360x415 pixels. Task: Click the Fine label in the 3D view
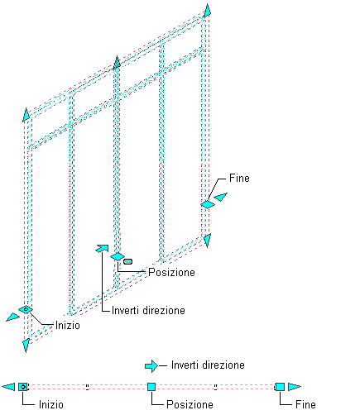click(239, 178)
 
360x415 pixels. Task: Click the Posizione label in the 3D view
click(171, 272)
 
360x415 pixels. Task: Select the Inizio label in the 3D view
click(68, 325)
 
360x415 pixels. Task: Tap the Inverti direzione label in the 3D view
click(148, 310)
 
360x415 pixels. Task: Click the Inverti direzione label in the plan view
click(208, 365)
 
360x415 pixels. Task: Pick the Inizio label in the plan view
click(51, 404)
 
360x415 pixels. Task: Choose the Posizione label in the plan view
click(190, 404)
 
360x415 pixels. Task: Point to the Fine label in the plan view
click(305, 404)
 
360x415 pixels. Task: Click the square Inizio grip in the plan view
click(23, 387)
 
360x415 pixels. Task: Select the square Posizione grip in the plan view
click(151, 387)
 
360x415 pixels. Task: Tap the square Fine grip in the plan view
click(280, 387)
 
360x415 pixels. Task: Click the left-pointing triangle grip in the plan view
click(9, 387)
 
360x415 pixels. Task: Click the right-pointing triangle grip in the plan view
click(294, 387)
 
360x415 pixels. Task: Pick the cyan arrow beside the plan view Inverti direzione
click(151, 366)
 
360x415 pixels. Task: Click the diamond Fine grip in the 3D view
click(208, 204)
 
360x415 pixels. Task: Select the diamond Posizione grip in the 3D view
click(118, 256)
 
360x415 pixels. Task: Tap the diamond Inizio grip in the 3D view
click(26, 309)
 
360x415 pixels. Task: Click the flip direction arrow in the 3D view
click(102, 248)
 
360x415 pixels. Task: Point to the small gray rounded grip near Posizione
click(127, 261)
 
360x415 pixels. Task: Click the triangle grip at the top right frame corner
click(208, 11)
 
